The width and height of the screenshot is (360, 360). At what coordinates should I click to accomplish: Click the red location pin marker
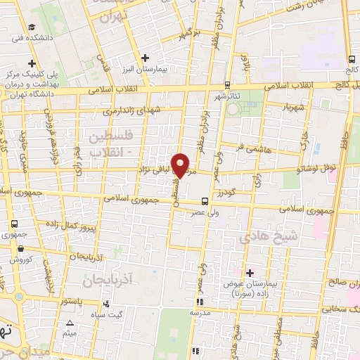click(181, 165)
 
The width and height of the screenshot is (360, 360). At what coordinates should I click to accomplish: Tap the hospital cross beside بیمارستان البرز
click(145, 58)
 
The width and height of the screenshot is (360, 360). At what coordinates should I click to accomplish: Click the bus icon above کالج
click(351, 59)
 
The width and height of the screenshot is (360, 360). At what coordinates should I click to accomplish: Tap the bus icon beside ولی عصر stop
click(204, 200)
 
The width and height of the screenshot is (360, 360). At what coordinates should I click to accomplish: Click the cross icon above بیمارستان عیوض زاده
click(250, 272)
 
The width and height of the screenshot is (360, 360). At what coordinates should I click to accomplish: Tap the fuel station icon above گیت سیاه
click(105, 304)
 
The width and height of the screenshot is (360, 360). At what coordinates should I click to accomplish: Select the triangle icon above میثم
click(69, 324)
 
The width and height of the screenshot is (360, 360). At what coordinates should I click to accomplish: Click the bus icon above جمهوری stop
click(15, 224)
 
